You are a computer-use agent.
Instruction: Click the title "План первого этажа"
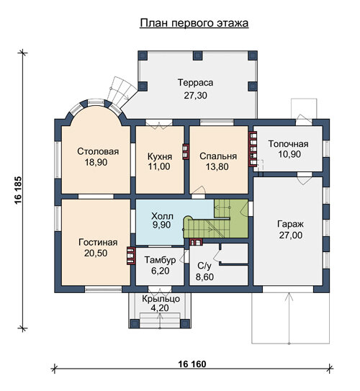coord(194,23)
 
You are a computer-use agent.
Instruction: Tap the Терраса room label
coord(195,83)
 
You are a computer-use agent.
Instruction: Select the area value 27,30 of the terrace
coord(195,95)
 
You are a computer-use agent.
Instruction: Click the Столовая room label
coord(98,151)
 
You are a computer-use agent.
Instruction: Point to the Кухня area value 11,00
coord(159,166)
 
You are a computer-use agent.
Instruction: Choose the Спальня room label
coord(218,156)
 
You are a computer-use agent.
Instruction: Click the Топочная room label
coord(288,144)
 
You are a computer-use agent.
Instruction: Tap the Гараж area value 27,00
coord(291,235)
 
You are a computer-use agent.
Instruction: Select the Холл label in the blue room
coord(162,216)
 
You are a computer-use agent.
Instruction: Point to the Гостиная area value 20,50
coord(96,253)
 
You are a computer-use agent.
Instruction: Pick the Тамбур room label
coord(160,260)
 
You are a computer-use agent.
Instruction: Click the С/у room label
coord(204,266)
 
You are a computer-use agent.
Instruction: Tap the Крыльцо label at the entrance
coord(161,299)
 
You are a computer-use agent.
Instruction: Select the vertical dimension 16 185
coord(18,191)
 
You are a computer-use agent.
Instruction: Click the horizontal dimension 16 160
coord(192,364)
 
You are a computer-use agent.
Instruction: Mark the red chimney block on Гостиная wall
coord(131,256)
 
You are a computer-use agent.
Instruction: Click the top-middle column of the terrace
coord(198,55)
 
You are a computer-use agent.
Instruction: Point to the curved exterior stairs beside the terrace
coord(122,91)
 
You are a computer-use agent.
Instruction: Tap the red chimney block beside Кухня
coord(186,152)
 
